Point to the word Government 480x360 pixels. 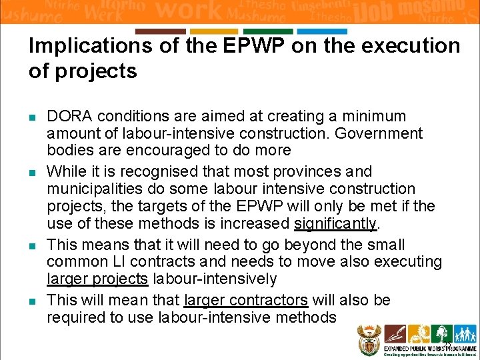(x=379, y=133)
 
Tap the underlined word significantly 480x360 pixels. (x=335, y=223)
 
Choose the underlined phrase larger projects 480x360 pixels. (x=97, y=279)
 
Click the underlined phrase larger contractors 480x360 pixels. (x=245, y=300)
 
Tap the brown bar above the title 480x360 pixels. (x=161, y=31)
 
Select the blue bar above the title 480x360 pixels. (x=322, y=31)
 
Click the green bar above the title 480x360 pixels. (x=268, y=31)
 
